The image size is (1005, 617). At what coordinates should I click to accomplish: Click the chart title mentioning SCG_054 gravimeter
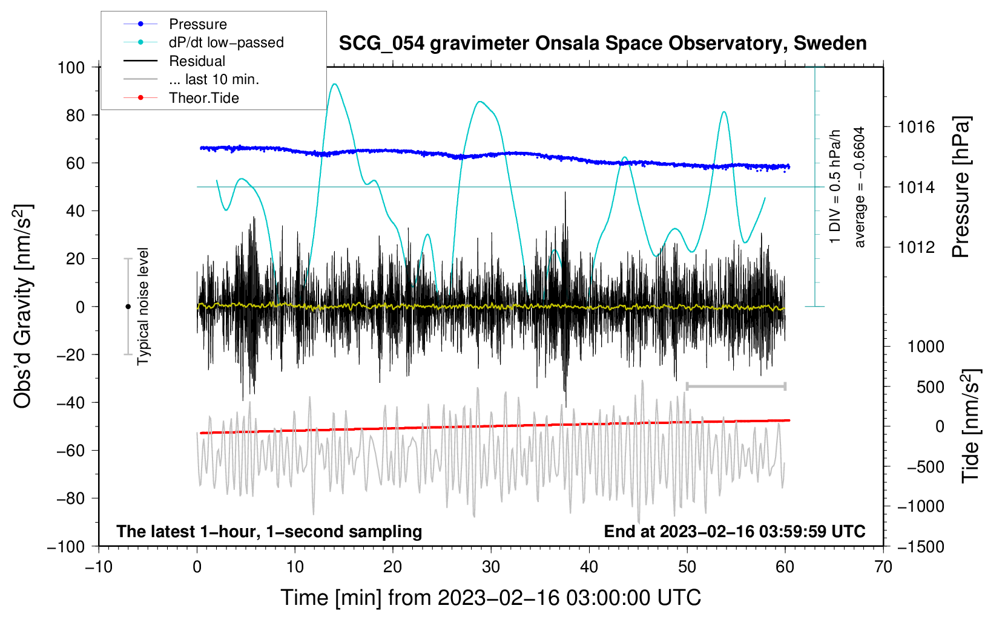pos(602,44)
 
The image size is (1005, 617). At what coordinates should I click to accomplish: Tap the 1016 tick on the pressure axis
pos(916,128)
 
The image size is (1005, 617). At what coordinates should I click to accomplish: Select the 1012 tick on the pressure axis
pos(916,247)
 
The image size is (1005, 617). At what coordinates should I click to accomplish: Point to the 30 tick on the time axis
pos(491,567)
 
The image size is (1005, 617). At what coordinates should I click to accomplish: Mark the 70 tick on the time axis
pos(883,567)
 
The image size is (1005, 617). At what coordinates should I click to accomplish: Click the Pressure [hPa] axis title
pos(961,187)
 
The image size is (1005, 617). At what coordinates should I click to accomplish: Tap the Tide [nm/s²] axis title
pos(971,426)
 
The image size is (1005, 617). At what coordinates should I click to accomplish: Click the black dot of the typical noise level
pos(128,307)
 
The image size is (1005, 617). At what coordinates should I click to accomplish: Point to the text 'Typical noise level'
pos(143,306)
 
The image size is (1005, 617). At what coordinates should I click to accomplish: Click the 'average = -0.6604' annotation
pos(859,187)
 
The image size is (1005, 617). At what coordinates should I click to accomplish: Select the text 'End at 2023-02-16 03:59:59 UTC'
pos(734,531)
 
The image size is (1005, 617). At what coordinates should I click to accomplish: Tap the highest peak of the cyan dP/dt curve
pos(334,84)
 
